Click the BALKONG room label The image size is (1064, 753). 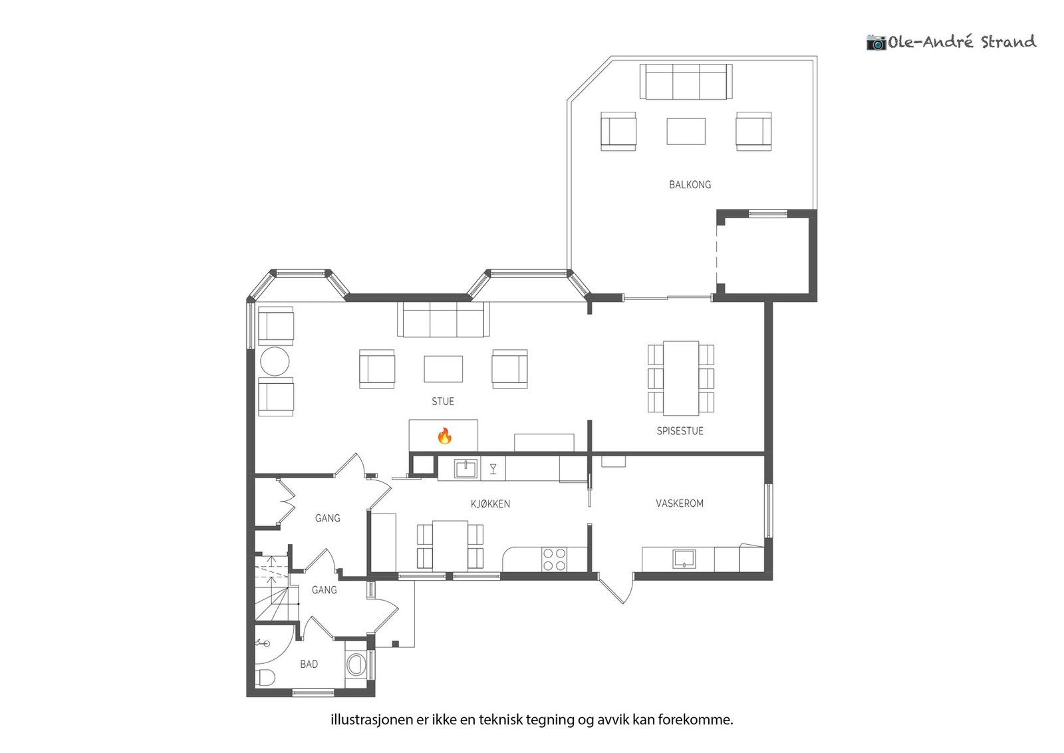pyautogui.click(x=690, y=184)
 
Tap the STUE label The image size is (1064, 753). pyautogui.click(x=443, y=401)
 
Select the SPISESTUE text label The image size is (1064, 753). pyautogui.click(x=680, y=431)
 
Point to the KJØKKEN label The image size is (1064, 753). pyautogui.click(x=490, y=504)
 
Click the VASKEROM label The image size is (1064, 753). pyautogui.click(x=679, y=503)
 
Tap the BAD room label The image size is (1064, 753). pyautogui.click(x=309, y=664)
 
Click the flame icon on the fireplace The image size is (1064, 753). pyautogui.click(x=444, y=435)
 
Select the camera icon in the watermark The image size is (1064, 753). pyautogui.click(x=876, y=43)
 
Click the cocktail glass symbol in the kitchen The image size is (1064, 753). pyautogui.click(x=493, y=469)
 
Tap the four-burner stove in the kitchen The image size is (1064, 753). pyautogui.click(x=555, y=559)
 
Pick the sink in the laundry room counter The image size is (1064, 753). pyautogui.click(x=684, y=559)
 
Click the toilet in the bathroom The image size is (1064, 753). pyautogui.click(x=265, y=677)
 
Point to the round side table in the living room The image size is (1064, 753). pyautogui.click(x=275, y=362)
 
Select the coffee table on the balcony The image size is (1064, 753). pyautogui.click(x=686, y=131)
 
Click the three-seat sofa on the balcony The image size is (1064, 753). pyautogui.click(x=686, y=82)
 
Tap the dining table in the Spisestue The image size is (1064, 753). pyautogui.click(x=681, y=378)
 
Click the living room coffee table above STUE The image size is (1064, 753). pyautogui.click(x=443, y=369)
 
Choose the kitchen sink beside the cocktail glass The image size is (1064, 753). pyautogui.click(x=465, y=469)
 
